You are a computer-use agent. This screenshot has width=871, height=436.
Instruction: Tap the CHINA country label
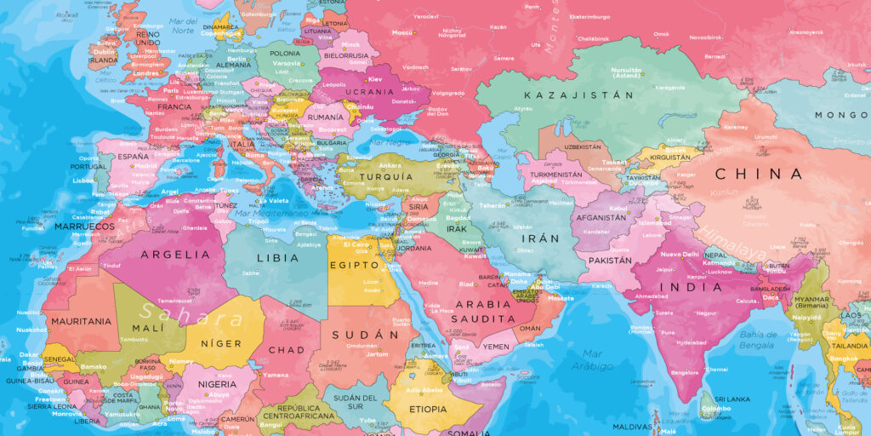click(x=758, y=174)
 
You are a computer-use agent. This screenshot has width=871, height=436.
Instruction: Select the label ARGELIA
click(x=174, y=254)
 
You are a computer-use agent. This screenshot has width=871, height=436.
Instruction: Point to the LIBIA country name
click(x=277, y=257)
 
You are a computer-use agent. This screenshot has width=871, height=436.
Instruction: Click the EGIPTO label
click(x=353, y=266)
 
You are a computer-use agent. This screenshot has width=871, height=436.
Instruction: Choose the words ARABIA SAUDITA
click(x=482, y=310)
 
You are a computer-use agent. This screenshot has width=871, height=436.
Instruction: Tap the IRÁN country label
click(x=540, y=238)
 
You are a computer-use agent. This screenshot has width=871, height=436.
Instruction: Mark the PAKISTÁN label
click(x=610, y=261)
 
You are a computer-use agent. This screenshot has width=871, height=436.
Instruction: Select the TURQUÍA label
click(x=385, y=177)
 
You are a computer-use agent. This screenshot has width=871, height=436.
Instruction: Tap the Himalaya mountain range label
click(x=739, y=238)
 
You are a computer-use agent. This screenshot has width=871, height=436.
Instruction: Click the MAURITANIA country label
click(x=81, y=321)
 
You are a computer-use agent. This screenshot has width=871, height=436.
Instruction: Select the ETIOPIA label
click(x=427, y=409)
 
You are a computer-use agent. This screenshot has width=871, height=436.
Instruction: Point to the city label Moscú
click(x=401, y=32)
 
